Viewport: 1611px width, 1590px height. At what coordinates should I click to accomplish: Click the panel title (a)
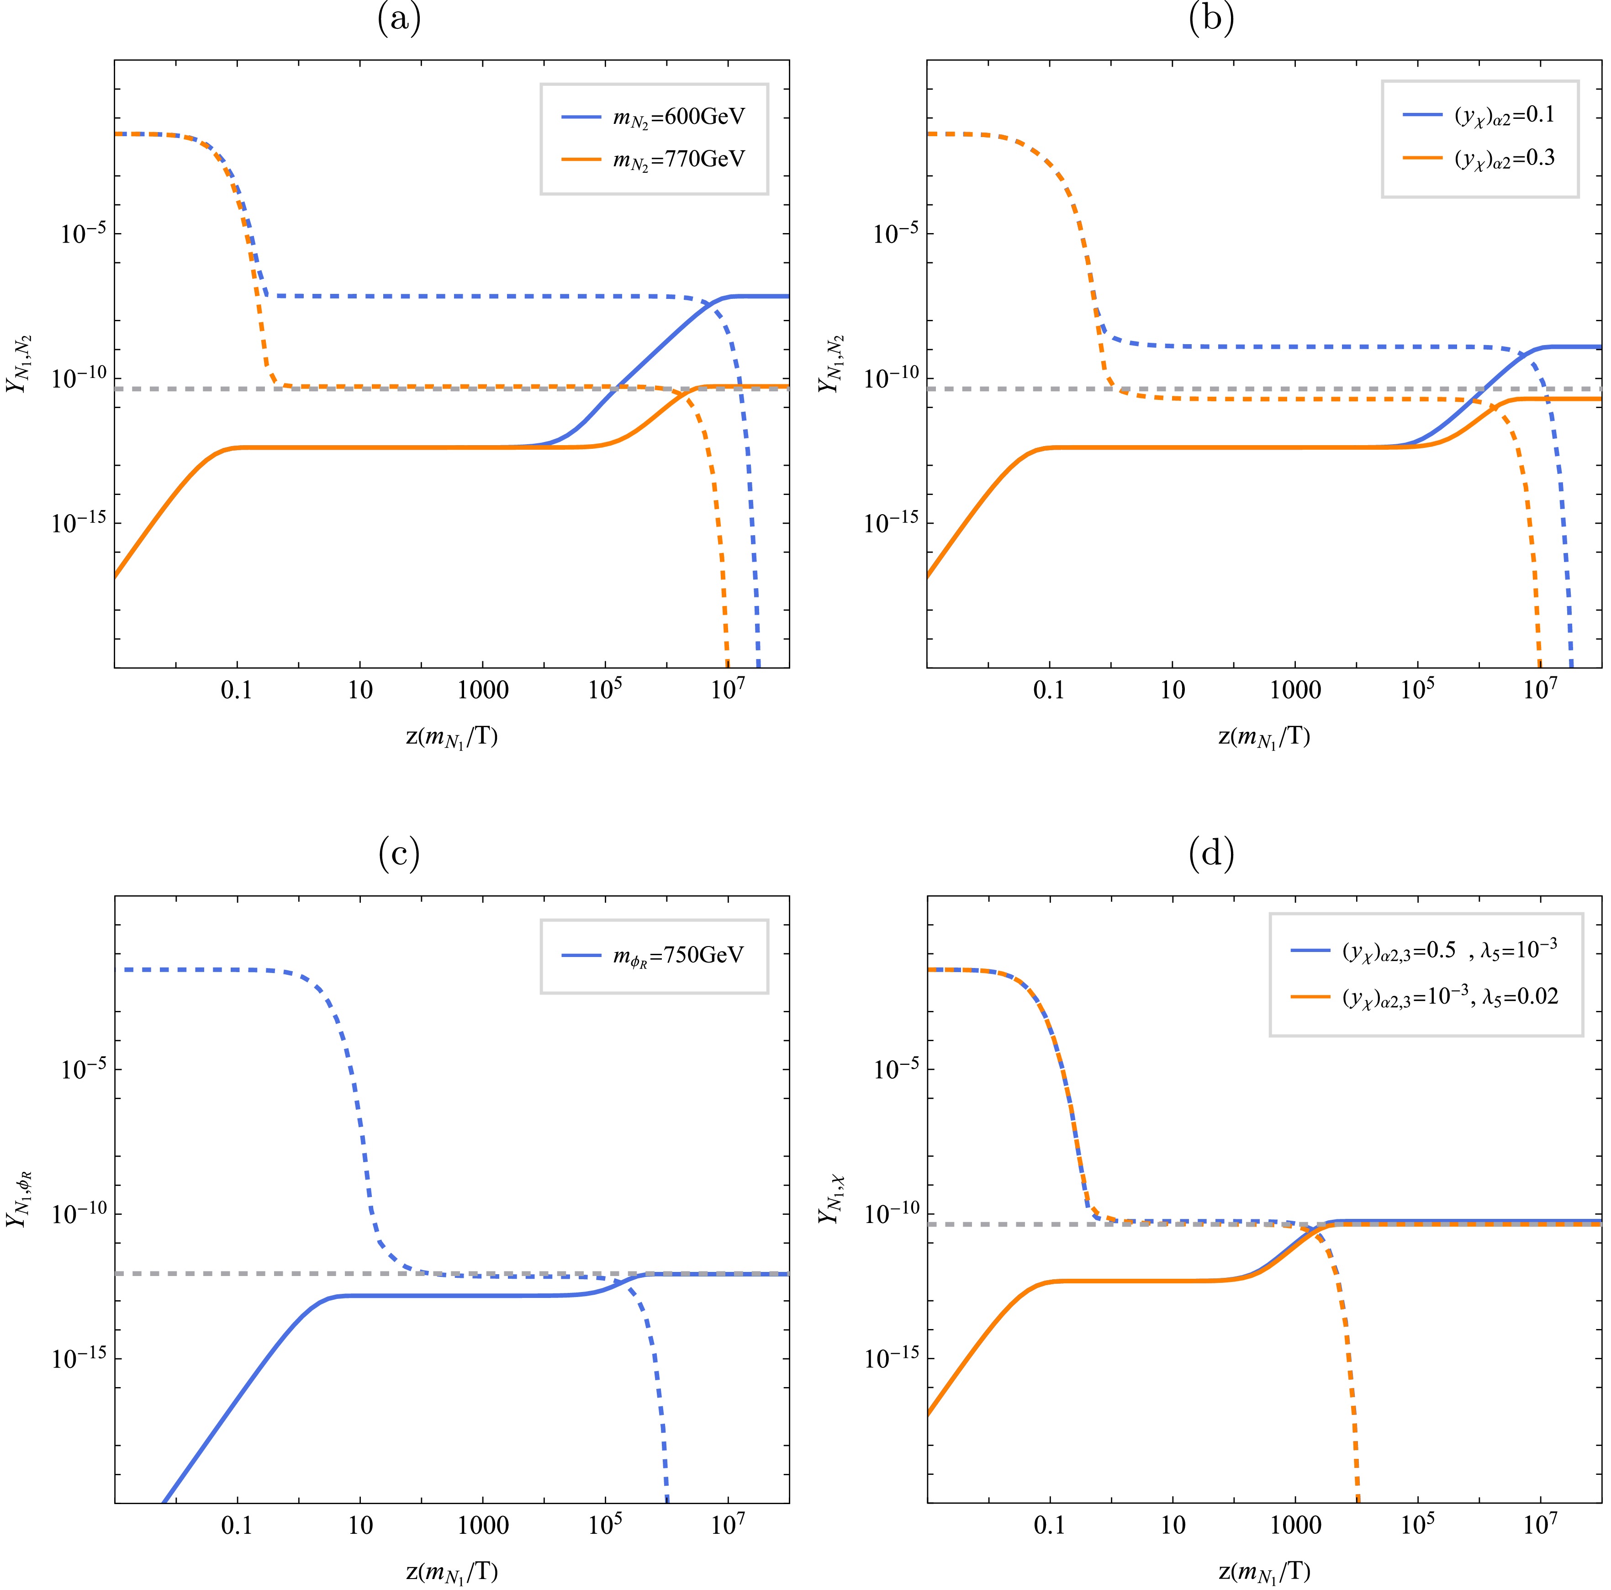[x=399, y=18]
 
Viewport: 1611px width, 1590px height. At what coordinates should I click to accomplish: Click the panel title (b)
[x=1211, y=18]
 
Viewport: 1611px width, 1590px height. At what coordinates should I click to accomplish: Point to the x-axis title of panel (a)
[x=451, y=738]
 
